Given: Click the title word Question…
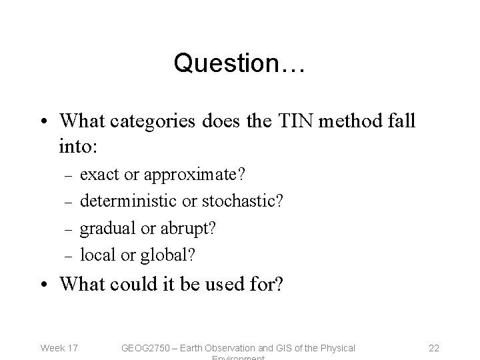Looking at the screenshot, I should tap(239, 63).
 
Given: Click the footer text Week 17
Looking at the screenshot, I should tap(59, 347).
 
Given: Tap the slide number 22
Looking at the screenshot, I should tap(435, 347).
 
